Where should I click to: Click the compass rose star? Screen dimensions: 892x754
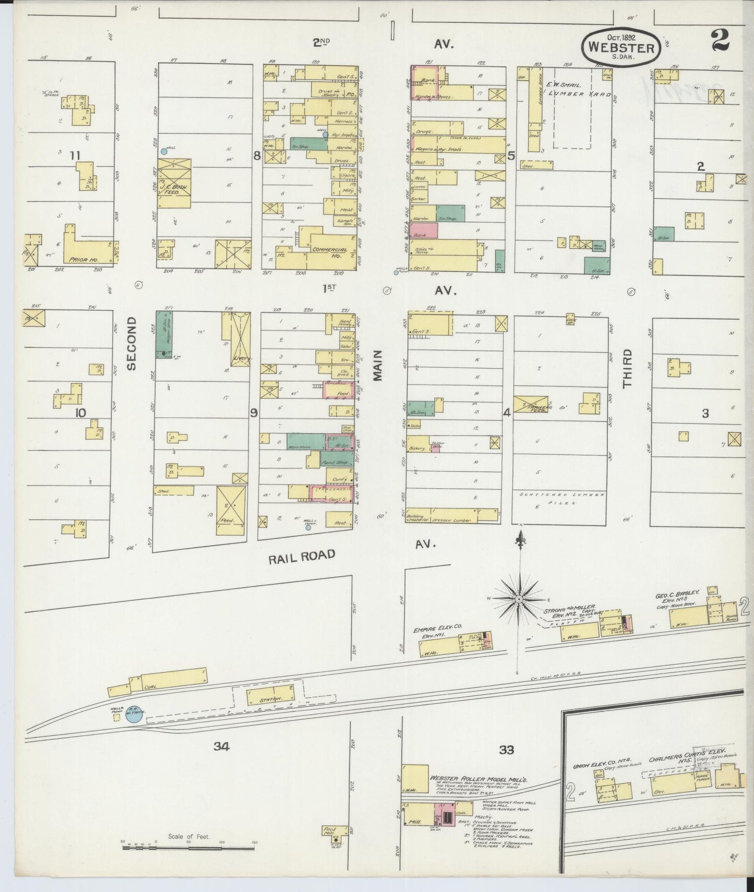tap(519, 600)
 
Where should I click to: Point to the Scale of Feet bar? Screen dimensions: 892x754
tap(188, 848)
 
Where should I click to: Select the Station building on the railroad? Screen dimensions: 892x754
tap(270, 696)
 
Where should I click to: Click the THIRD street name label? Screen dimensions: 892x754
tap(627, 368)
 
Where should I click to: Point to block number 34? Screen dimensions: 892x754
tap(221, 746)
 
